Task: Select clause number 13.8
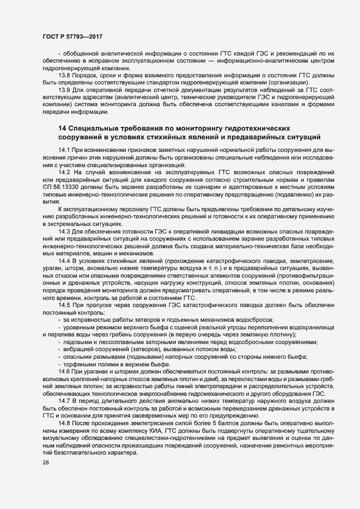click(x=64, y=75)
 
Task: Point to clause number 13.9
click(x=64, y=89)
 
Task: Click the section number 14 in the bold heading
click(x=62, y=126)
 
